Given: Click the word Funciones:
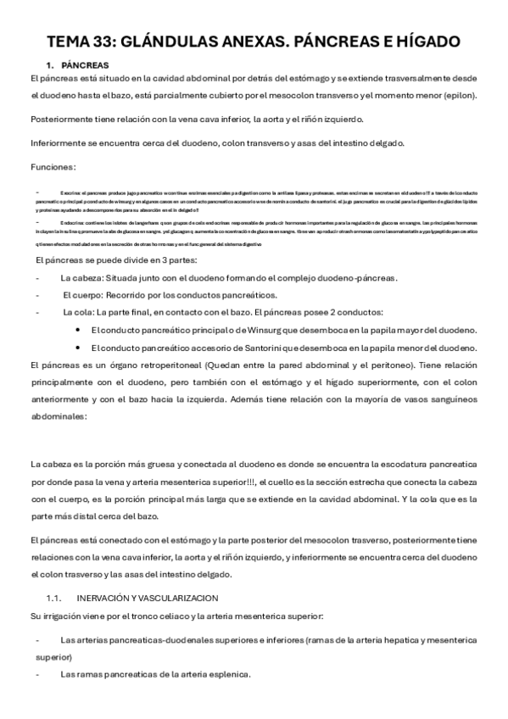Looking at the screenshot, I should click(x=53, y=166).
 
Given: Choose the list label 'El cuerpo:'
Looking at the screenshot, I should click(x=83, y=295).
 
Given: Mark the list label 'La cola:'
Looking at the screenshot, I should click(x=79, y=312).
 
